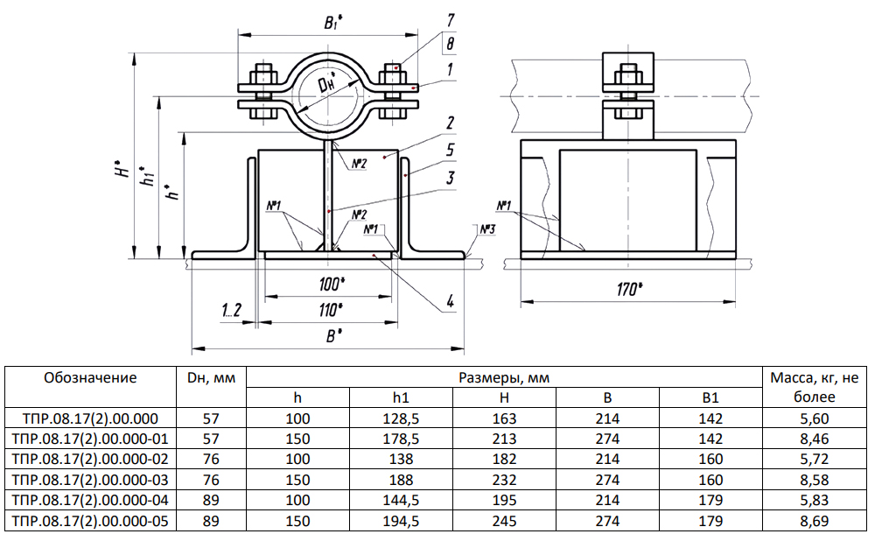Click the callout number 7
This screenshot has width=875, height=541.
[449, 19]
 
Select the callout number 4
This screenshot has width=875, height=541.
[449, 302]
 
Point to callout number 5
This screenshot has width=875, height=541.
[449, 150]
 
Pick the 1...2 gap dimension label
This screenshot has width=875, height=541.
[231, 309]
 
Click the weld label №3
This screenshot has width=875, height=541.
[487, 229]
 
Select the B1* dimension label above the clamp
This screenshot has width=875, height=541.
[333, 24]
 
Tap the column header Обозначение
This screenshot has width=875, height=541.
[90, 378]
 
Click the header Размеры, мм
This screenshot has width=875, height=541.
[504, 378]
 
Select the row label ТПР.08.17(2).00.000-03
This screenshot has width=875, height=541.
[90, 480]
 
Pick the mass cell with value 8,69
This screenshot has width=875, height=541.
[814, 521]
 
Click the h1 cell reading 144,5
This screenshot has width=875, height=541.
[400, 500]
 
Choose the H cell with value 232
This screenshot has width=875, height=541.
[504, 480]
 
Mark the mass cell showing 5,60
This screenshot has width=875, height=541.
[814, 418]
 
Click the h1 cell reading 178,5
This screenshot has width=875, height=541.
[400, 439]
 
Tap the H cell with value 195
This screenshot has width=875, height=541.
[504, 500]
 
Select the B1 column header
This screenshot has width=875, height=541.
[710, 398]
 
